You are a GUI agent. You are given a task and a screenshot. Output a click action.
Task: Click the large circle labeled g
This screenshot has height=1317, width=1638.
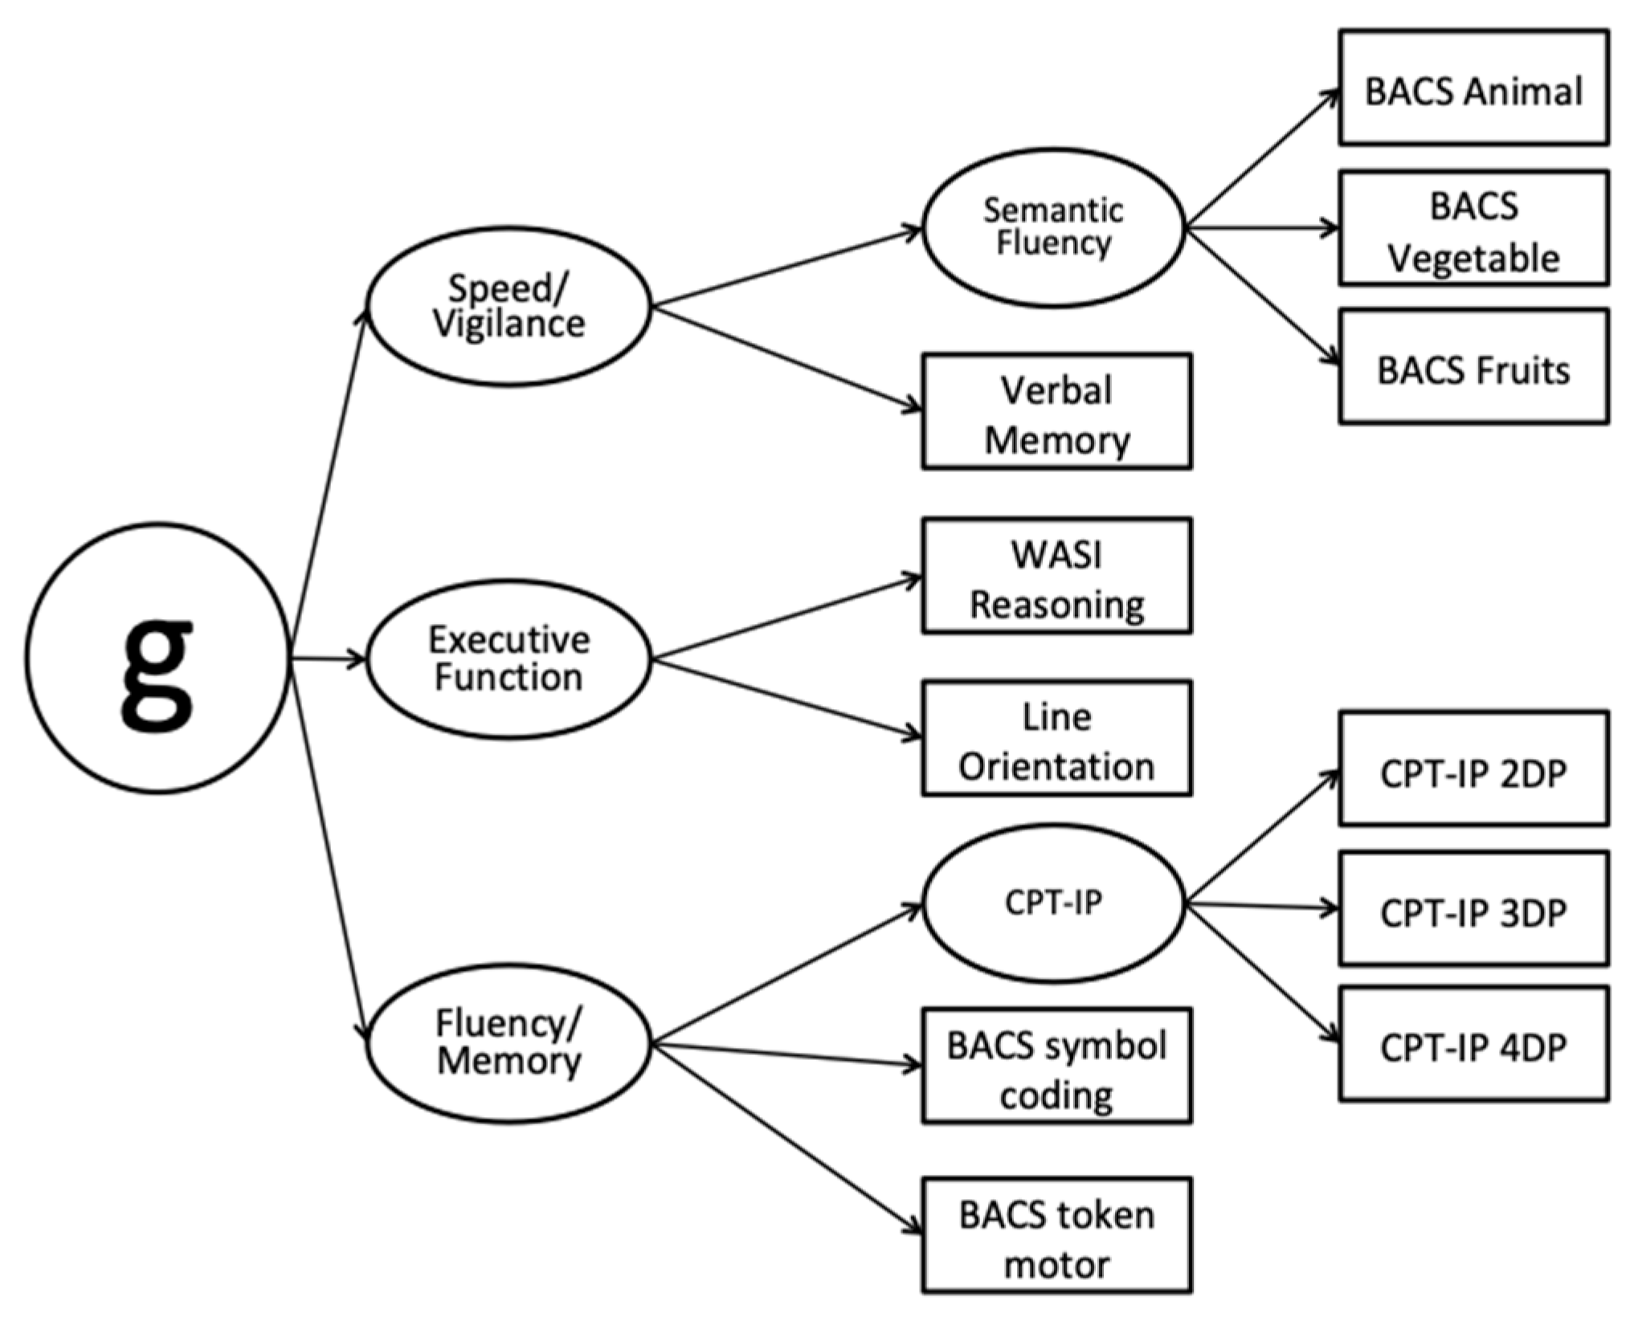(157, 658)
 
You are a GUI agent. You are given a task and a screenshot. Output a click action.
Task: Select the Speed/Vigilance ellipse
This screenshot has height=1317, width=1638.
(509, 306)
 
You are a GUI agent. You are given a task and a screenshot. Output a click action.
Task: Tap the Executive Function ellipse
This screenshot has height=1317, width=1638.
(509, 658)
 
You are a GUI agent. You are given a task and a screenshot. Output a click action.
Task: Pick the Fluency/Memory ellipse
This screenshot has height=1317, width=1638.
(509, 1043)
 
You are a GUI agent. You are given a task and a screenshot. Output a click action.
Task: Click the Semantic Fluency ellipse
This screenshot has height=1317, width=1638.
(1053, 227)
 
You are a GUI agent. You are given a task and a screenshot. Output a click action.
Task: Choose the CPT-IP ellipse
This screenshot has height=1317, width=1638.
(1053, 903)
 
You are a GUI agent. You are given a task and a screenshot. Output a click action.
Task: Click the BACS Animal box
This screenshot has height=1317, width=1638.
(1473, 88)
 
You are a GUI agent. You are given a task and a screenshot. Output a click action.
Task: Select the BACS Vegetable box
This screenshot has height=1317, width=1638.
(1473, 228)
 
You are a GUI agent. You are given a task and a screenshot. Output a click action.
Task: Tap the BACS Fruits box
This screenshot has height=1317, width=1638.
(1473, 367)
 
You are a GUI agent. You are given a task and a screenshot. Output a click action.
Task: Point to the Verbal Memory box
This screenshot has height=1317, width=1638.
(1056, 411)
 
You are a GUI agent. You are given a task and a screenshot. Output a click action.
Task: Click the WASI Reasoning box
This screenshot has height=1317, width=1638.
(1056, 576)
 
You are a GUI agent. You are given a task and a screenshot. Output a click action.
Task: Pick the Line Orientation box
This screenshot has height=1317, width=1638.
(1056, 739)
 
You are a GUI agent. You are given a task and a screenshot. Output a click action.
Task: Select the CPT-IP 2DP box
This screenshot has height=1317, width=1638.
(1473, 769)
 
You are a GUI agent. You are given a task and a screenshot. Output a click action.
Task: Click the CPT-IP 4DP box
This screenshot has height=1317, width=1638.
(1473, 1044)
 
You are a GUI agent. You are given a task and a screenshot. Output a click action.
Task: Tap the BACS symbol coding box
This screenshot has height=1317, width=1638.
(1056, 1066)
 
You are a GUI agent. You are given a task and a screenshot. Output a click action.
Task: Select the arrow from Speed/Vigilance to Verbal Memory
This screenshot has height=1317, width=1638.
(787, 358)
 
